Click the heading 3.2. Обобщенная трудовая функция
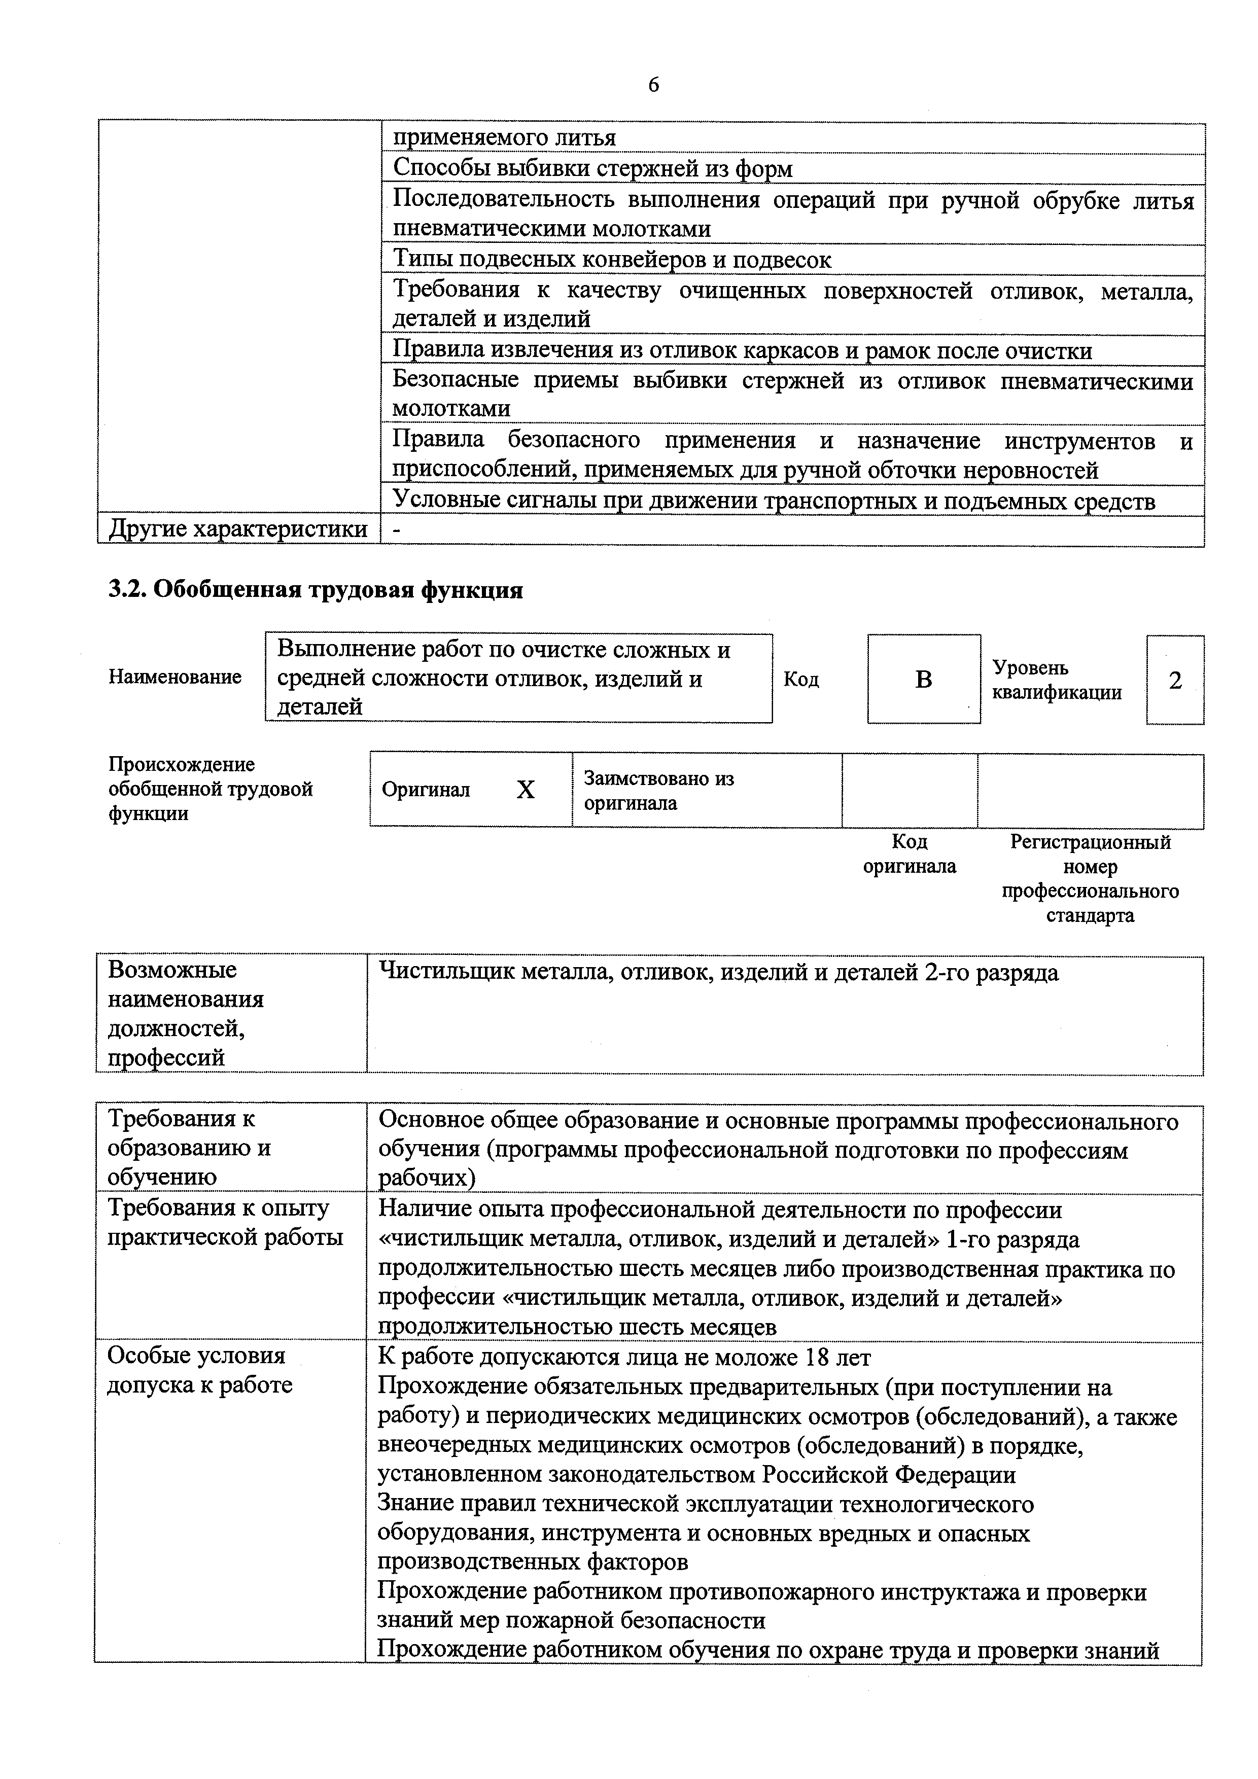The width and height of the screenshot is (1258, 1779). click(314, 590)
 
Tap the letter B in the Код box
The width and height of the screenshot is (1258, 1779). click(923, 680)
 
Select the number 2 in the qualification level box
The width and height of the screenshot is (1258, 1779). click(1175, 680)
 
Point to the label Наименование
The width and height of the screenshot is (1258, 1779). click(174, 677)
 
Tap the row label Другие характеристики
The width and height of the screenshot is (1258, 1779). click(238, 529)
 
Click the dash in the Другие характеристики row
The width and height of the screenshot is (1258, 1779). click(398, 530)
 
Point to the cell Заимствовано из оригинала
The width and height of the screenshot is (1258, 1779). click(659, 790)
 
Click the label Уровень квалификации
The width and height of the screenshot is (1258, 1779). click(1057, 680)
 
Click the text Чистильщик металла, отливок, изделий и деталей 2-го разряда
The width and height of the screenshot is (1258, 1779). click(718, 972)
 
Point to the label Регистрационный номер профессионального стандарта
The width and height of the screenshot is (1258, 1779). click(1090, 878)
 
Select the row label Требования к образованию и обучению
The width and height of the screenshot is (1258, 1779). click(189, 1148)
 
